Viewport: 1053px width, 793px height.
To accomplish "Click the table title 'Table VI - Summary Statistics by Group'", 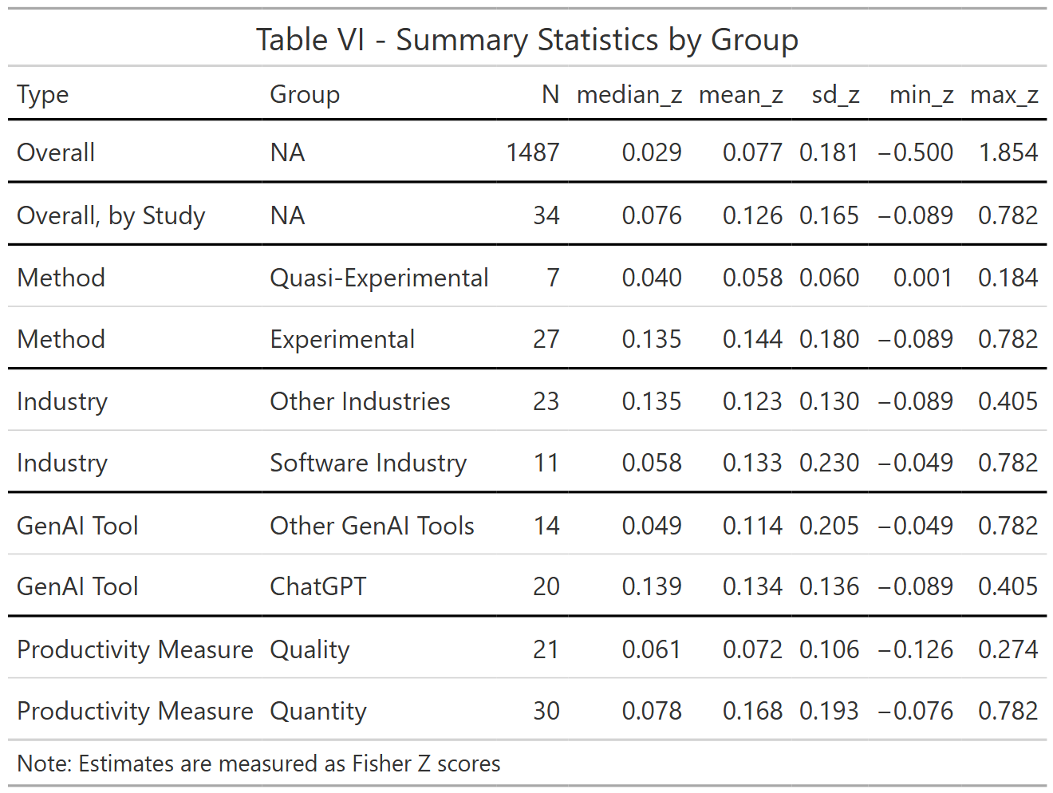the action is pos(526,39).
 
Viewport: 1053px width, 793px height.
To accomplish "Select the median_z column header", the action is pos(629,95).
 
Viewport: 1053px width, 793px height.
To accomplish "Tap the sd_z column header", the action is pos(835,95).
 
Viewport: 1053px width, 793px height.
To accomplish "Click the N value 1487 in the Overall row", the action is pos(533,152).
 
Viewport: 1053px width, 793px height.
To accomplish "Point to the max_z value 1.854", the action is pos(1008,152).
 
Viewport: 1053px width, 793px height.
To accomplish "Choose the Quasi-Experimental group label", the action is pos(379,278).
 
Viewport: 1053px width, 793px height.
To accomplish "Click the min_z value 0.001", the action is pos(922,278).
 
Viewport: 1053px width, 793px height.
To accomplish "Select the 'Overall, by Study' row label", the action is pos(111,215).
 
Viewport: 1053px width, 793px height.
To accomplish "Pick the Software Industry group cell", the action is pos(368,463).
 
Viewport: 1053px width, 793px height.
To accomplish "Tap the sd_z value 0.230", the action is pos(829,463).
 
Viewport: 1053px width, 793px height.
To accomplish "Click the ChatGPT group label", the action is pos(318,586).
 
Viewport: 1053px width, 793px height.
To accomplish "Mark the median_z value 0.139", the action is pos(652,586).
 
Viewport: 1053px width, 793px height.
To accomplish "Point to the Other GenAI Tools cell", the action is pos(372,526).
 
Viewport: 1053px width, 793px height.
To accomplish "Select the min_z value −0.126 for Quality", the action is pos(915,649).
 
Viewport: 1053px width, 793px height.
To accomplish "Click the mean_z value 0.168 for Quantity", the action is pos(752,711).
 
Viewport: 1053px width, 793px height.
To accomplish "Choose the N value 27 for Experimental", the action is pos(546,339).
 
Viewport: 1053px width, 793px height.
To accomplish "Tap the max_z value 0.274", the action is pos(1008,649).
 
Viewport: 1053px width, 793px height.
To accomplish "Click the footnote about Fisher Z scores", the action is pos(258,763).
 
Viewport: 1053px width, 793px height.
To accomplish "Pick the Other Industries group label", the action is pos(360,401).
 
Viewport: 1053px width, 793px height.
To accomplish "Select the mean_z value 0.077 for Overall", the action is pos(752,152).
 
